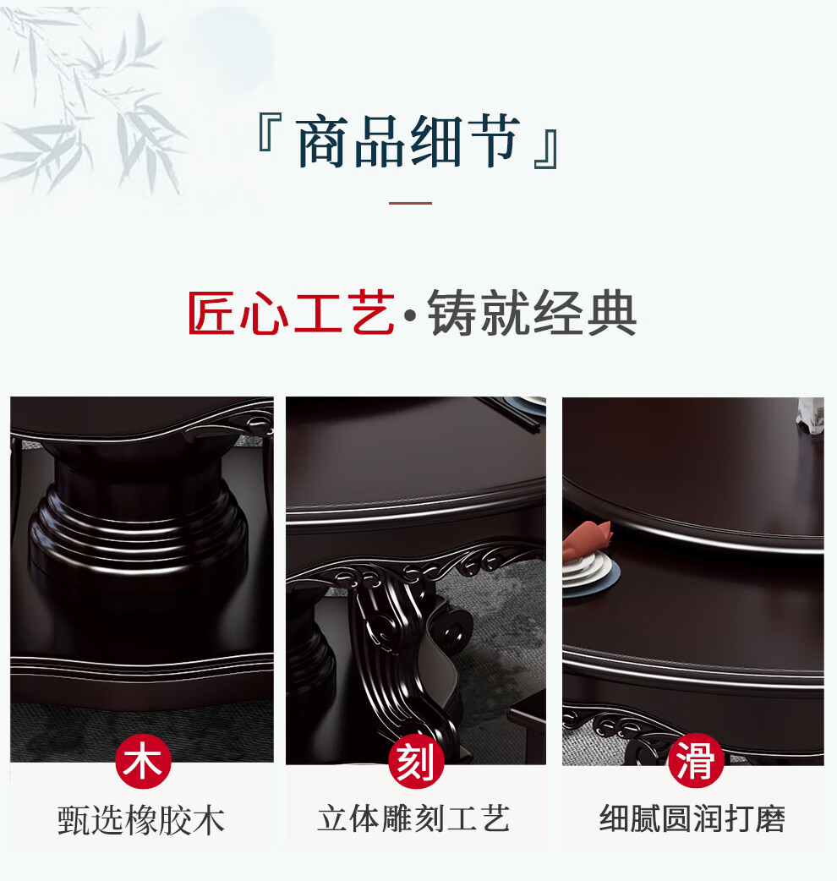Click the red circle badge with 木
pos(143,761)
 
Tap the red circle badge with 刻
pos(416,761)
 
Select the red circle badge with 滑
pos(696,760)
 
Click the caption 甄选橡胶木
pos(140,820)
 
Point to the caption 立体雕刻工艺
pos(413,818)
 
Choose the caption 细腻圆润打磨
pos(692,818)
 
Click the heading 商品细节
pos(408,140)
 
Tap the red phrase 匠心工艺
pos(291,312)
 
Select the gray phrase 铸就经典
pos(532,312)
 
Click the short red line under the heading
pos(411,203)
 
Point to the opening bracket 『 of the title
pos(270,132)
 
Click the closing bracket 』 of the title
pos(546,150)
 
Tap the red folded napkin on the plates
pos(586,540)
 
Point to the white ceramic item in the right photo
pos(810,416)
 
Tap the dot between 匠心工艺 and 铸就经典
pos(411,315)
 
